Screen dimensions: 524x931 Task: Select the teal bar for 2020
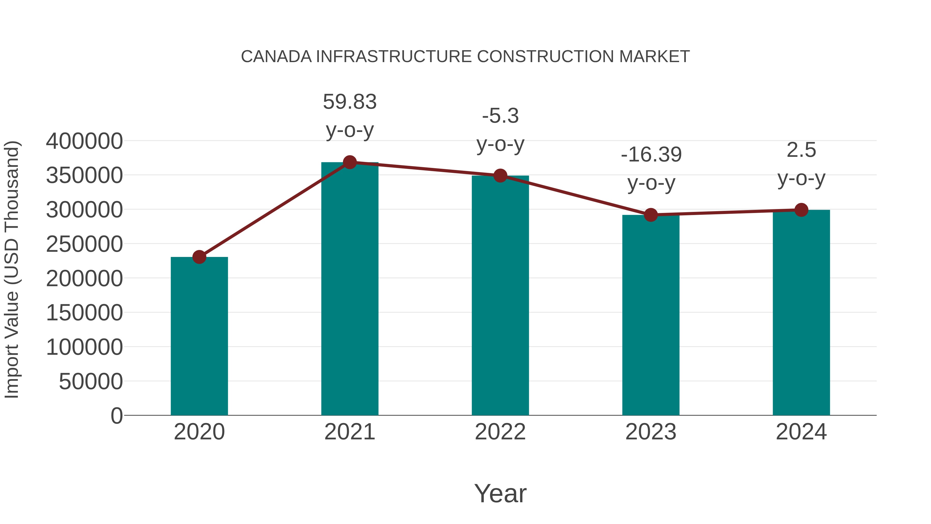point(199,336)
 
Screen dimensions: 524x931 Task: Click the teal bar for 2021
point(349,289)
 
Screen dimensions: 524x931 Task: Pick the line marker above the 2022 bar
point(500,176)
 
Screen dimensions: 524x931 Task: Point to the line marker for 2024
point(801,210)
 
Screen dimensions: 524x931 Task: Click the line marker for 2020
point(199,257)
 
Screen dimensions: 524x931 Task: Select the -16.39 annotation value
point(651,155)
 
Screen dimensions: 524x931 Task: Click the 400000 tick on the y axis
point(84,141)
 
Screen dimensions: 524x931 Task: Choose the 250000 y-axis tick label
point(84,244)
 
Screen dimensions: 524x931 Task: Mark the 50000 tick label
point(91,381)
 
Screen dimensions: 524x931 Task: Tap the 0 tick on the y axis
point(117,416)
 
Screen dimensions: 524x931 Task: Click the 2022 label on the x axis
point(500,432)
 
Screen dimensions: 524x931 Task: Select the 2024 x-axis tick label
point(801,432)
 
